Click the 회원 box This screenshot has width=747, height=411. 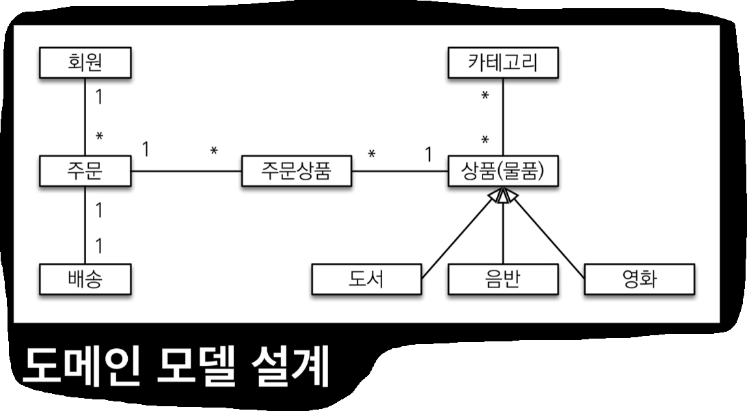tap(85, 63)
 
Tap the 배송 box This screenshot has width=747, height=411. tap(85, 279)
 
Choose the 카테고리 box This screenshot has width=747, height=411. tap(503, 63)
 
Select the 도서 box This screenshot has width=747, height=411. tap(366, 279)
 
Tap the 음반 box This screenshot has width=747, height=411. tap(503, 279)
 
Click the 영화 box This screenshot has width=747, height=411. tap(639, 279)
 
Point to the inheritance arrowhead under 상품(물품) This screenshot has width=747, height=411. tap(503, 195)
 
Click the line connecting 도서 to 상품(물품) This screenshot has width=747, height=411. tap(458, 239)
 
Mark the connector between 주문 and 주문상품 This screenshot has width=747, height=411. tap(187, 171)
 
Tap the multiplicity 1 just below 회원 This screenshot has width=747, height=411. tap(98, 97)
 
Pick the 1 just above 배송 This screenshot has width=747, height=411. tap(98, 245)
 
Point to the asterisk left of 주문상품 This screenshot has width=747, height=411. tap(214, 150)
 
